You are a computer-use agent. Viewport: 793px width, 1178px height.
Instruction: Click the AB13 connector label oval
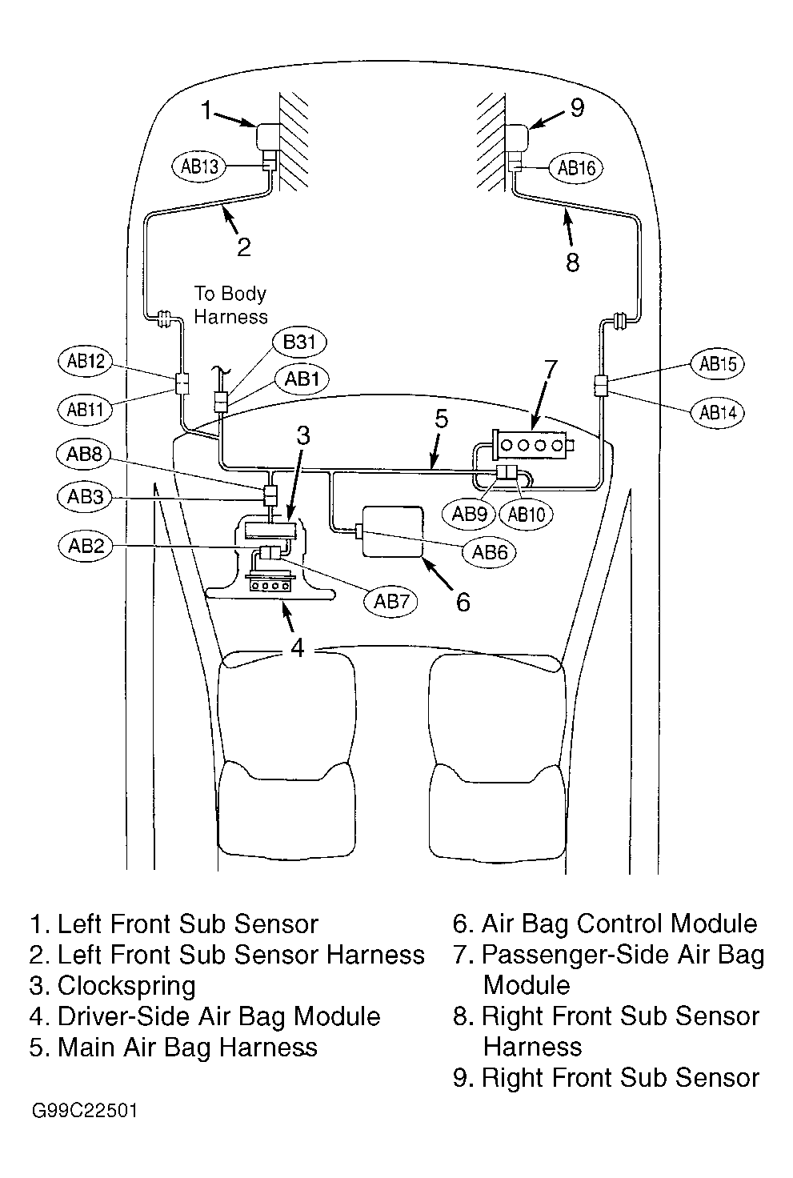click(198, 166)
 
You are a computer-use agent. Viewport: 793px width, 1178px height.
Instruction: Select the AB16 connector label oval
click(576, 168)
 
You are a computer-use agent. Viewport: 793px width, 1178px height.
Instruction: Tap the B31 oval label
click(299, 343)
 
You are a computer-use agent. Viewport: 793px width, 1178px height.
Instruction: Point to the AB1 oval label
click(302, 379)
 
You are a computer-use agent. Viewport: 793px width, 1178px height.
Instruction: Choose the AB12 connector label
click(85, 361)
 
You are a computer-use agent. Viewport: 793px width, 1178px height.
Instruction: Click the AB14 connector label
click(718, 412)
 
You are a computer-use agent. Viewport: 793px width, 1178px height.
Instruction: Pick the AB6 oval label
click(490, 551)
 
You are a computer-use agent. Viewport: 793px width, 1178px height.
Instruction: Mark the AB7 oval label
click(390, 601)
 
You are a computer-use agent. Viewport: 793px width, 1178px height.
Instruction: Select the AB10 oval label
click(526, 514)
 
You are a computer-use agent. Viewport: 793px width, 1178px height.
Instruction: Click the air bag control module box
click(392, 531)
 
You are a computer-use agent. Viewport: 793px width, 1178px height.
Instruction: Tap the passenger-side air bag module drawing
click(532, 446)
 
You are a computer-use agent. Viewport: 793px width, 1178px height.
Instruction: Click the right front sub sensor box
click(515, 138)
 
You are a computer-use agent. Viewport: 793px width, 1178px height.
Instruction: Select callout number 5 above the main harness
click(441, 419)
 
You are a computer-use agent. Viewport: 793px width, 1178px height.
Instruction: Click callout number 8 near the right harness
click(573, 262)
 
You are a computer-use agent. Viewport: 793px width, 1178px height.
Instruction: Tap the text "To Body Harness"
click(230, 305)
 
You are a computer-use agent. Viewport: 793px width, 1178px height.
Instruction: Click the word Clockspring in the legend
click(126, 986)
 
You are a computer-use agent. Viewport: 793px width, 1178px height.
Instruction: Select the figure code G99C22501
click(85, 1112)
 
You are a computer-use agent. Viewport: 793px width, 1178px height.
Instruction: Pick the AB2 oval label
click(86, 546)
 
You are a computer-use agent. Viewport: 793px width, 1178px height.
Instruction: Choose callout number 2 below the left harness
click(244, 247)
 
